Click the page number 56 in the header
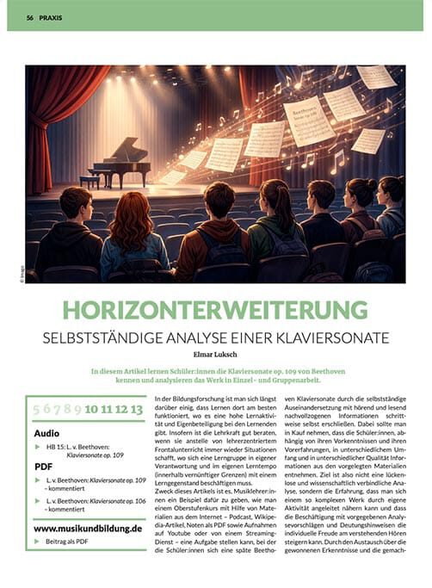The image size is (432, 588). click(x=29, y=17)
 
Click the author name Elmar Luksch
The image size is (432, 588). click(x=215, y=351)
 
